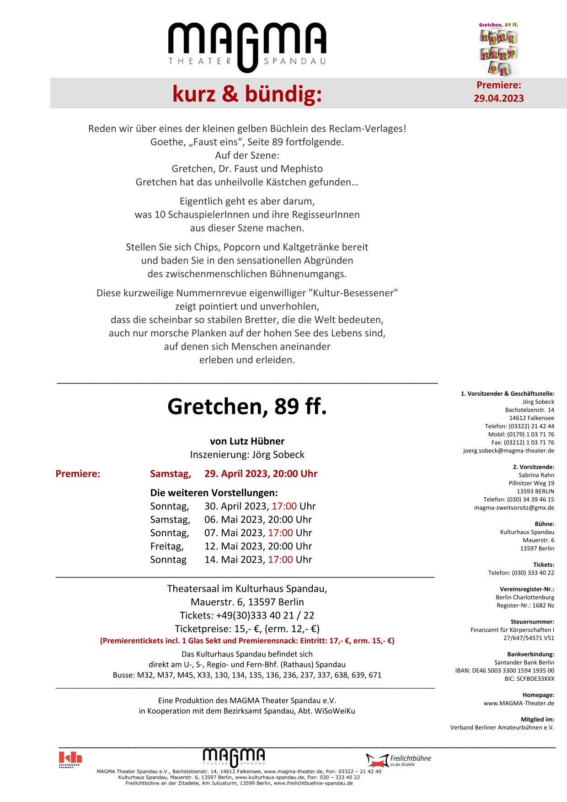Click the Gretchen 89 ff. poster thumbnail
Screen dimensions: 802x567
(x=498, y=49)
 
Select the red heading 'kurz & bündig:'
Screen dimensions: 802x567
(x=247, y=94)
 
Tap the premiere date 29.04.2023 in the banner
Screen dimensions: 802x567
(x=498, y=98)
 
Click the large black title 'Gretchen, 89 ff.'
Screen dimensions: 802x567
(x=247, y=406)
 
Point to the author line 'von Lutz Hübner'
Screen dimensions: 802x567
(x=247, y=441)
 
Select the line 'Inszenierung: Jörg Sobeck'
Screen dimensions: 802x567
(x=247, y=455)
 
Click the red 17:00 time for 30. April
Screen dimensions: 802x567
(x=284, y=506)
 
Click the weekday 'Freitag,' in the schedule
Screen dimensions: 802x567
(x=167, y=546)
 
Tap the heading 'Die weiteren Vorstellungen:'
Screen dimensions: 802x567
(x=214, y=493)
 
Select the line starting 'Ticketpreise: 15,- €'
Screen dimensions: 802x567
(x=247, y=629)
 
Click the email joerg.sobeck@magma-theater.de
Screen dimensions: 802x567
(x=508, y=451)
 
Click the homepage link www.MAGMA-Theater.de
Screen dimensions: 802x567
(x=519, y=703)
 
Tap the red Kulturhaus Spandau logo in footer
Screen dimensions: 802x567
(x=70, y=759)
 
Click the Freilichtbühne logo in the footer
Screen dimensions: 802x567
(x=398, y=760)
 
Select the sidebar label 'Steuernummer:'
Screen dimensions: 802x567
(x=532, y=622)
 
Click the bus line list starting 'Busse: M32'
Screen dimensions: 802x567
(x=247, y=675)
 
